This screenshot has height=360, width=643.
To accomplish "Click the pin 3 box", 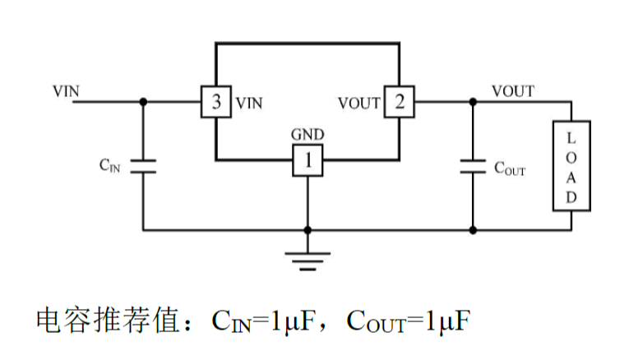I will [x=216, y=103].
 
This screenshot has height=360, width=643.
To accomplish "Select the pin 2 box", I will [x=400, y=103].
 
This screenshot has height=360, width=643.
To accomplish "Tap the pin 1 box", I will [x=308, y=162].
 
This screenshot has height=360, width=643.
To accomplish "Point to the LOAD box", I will [x=571, y=165].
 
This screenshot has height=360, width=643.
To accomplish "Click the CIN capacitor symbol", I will [x=143, y=166].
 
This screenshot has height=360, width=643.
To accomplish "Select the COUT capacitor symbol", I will [x=472, y=166].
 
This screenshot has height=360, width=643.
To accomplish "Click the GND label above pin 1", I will [x=308, y=135].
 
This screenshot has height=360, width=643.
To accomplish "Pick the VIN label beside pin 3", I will [x=249, y=104].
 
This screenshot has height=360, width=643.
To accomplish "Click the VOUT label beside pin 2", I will [x=359, y=104].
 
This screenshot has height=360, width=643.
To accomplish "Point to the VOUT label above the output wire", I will [x=512, y=90].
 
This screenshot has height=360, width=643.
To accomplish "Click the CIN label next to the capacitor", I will [x=109, y=165].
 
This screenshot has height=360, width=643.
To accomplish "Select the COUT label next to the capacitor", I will [x=509, y=169].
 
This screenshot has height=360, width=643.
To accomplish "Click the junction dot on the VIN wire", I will [x=143, y=102].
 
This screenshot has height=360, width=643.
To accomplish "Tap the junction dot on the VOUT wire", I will [x=472, y=102].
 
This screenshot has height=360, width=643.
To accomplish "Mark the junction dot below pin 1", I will [x=308, y=230].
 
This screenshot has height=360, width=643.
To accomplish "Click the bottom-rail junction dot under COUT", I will [x=472, y=230].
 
